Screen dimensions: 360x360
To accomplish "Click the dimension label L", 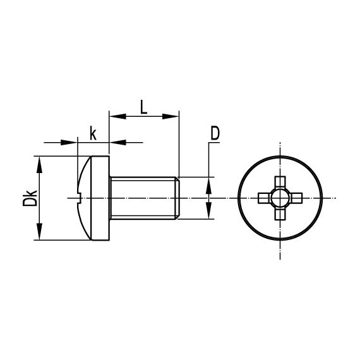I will (x=144, y=106).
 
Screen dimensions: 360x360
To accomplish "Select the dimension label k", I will (x=93, y=133).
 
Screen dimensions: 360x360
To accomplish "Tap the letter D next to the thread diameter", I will (x=215, y=133).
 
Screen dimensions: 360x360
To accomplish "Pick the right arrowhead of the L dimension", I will (x=174, y=116).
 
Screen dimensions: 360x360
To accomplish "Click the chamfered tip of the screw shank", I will (x=179, y=198).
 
